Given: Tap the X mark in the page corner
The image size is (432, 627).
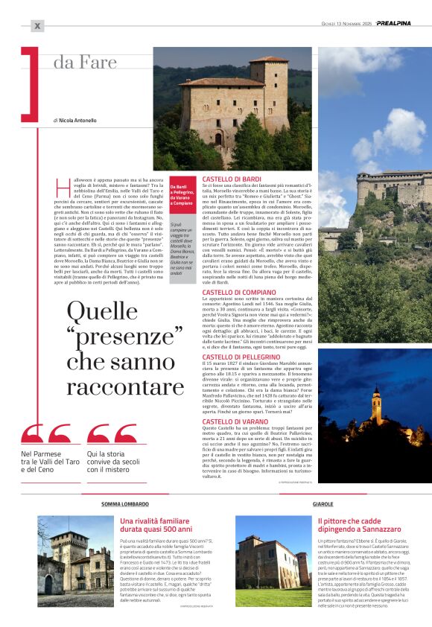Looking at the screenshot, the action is (x=37, y=26).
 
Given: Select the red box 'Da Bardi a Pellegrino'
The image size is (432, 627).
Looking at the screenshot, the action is (x=182, y=195).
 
